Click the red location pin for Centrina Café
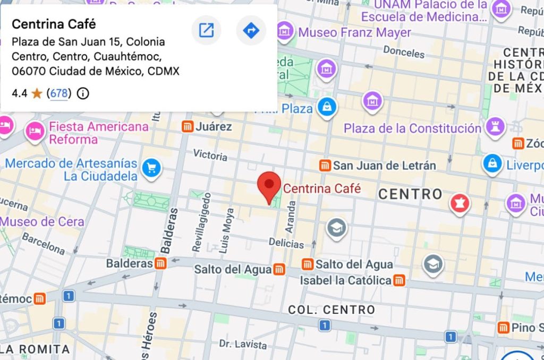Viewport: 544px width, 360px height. point(269,186)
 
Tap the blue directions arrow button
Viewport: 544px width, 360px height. point(251,30)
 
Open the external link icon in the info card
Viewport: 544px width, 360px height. point(206,30)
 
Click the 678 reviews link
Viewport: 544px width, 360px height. point(59,93)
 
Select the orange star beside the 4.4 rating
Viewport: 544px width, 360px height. point(37,94)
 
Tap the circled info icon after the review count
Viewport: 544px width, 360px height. point(83,94)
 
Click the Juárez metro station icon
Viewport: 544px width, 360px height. point(187,126)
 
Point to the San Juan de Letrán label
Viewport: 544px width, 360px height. point(384,166)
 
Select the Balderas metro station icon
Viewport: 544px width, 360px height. point(160,263)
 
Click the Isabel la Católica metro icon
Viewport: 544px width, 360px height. point(399,280)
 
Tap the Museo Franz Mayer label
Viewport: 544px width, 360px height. point(354,32)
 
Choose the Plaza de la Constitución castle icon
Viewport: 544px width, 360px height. point(495,127)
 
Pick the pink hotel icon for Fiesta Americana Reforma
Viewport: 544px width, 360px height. point(36,131)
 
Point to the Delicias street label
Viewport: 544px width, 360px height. point(286,244)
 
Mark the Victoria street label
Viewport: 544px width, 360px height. point(210,155)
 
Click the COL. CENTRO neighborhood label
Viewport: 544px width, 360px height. point(331,310)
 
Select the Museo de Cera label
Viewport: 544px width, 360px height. point(42,221)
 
